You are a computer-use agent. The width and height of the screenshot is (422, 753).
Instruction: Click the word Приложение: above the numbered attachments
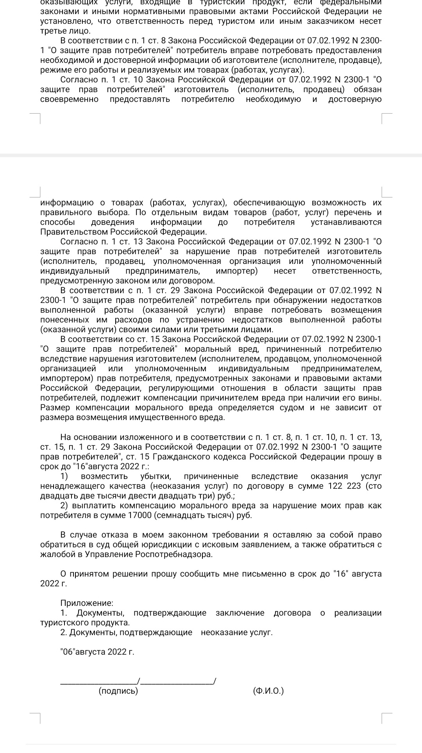(87, 603)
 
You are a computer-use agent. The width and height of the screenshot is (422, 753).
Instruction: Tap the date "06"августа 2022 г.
(97, 652)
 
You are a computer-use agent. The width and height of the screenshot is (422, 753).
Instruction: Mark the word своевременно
(69, 99)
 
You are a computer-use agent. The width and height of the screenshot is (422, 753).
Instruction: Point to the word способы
(57, 222)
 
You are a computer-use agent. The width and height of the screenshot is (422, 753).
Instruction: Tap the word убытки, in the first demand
(156, 476)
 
